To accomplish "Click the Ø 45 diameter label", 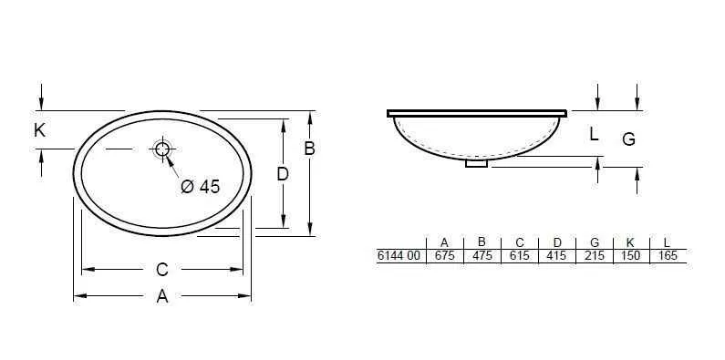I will (x=201, y=186).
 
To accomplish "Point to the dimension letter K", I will (x=39, y=130).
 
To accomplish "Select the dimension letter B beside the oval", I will (x=309, y=148).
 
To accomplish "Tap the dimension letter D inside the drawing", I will (x=283, y=173).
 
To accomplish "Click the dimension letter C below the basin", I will (x=161, y=270).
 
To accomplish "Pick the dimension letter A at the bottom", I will (x=162, y=296).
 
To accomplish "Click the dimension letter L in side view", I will (x=594, y=134).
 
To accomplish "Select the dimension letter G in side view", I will (x=628, y=139).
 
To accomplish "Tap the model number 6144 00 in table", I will (x=399, y=256).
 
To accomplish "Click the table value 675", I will (x=444, y=256).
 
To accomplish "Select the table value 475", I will (x=482, y=256).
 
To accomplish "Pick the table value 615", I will (x=519, y=256).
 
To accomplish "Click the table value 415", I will (x=556, y=256).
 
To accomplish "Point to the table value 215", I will (x=594, y=256).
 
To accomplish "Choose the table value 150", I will (x=630, y=256).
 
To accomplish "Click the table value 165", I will (x=667, y=256).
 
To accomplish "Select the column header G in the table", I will (x=594, y=242).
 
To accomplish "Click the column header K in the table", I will (x=630, y=242).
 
